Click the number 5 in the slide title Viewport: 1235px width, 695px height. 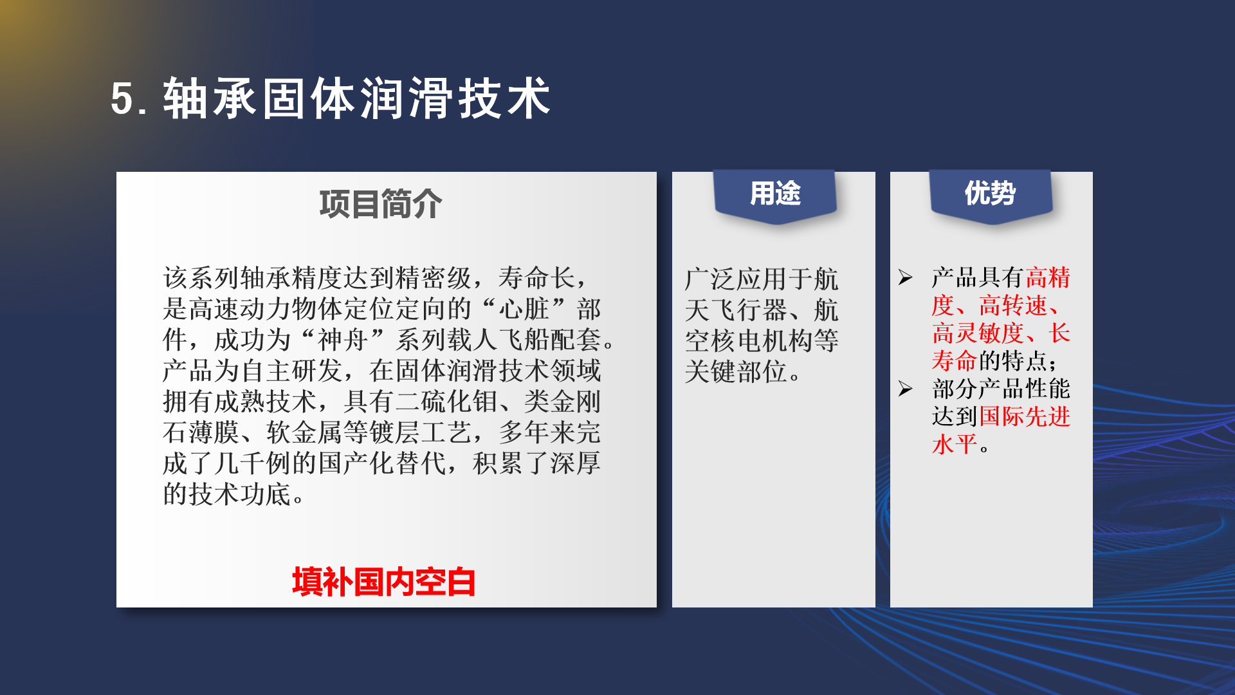point(122,99)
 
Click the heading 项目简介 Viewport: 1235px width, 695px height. point(381,204)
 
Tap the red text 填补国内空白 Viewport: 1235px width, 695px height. point(384,582)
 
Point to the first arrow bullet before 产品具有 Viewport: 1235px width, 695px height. point(906,277)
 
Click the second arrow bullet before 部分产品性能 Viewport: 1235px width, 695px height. point(906,389)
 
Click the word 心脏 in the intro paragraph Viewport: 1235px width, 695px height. point(524,309)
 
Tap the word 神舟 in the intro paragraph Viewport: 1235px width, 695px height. point(343,340)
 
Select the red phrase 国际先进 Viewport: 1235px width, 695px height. point(1025,416)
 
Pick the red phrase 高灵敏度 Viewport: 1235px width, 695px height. point(978,333)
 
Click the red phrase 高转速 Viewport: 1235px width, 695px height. point(1014,305)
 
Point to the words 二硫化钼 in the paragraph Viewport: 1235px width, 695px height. point(446,402)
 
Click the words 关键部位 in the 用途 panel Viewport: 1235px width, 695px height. point(736,371)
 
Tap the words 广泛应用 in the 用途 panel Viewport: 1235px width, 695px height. point(736,279)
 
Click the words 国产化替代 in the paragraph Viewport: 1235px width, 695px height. point(382,463)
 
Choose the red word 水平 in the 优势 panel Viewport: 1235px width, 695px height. point(955,444)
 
